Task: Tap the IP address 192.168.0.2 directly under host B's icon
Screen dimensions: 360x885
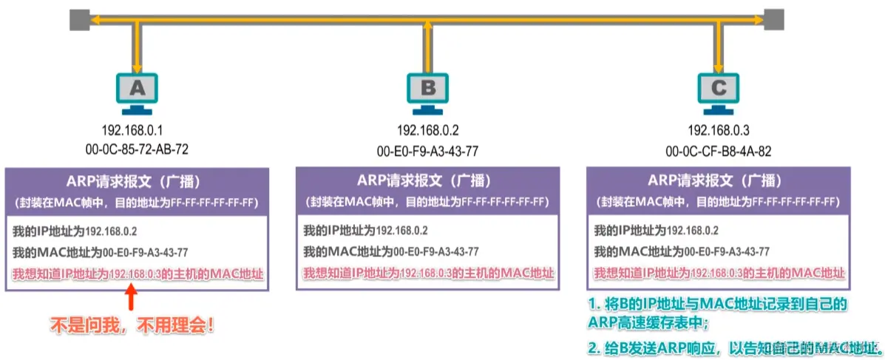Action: coord(428,131)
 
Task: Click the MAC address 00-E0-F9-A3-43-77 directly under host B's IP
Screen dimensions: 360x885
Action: coord(428,150)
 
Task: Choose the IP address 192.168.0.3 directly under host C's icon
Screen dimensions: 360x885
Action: coord(718,131)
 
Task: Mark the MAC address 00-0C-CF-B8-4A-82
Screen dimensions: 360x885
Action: coord(718,150)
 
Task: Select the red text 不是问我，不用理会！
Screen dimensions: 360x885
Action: coord(132,324)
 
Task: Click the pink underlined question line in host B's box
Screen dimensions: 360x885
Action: coord(428,274)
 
